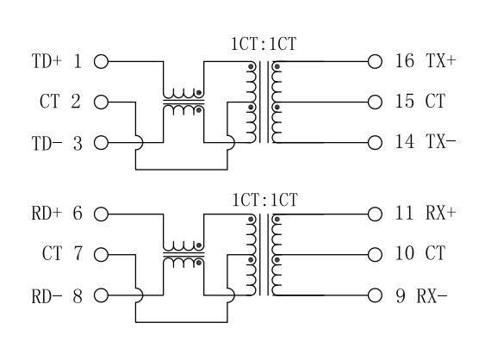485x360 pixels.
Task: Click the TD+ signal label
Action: coord(47,61)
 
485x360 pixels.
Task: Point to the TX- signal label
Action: coord(440,141)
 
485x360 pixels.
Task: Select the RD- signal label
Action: coord(47,296)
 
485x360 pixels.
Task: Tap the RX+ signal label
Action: coord(440,213)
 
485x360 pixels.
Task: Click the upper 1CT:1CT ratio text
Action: coord(264,44)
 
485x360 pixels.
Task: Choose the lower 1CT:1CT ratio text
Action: coord(264,200)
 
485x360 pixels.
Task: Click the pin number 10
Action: coord(404,253)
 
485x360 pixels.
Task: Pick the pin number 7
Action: coord(78,253)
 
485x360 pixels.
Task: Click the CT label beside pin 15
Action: coord(435,101)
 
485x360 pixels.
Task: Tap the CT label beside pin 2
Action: coord(49,102)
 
